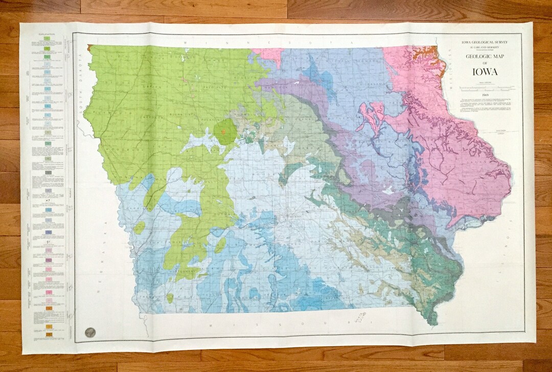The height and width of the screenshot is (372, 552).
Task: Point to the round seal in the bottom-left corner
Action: coord(90,332)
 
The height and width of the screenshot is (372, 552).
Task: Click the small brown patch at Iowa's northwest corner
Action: coord(89,47)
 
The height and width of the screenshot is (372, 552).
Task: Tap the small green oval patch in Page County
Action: coord(170,297)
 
